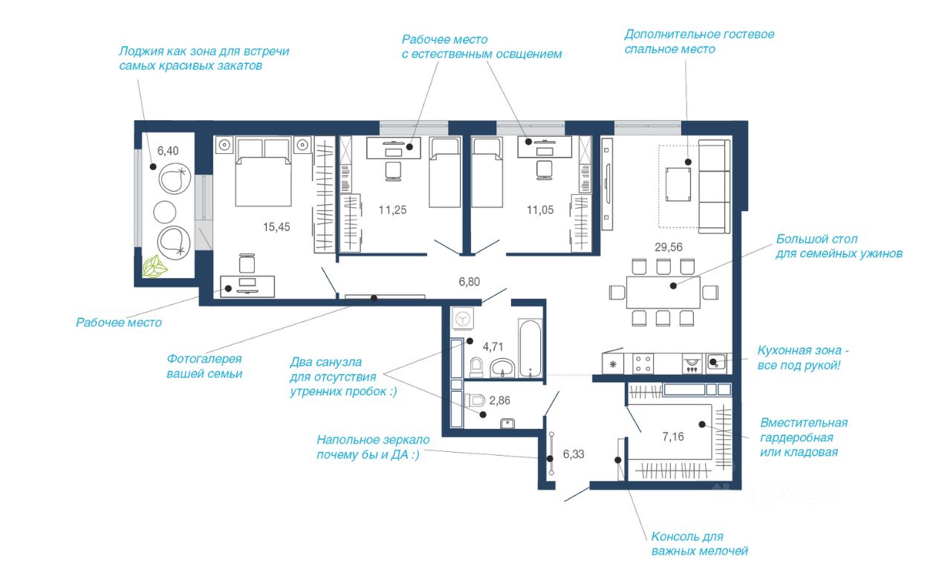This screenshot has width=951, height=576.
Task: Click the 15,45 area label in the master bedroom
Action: point(276,227)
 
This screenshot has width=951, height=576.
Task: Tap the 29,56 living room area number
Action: point(668,247)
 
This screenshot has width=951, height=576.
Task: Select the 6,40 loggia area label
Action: point(168,151)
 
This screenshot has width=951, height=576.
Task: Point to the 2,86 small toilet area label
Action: point(500,401)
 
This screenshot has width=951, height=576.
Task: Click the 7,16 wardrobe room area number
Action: point(673,436)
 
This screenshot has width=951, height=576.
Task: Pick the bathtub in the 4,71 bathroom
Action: point(530,349)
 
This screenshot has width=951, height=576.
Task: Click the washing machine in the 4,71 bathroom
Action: point(462,318)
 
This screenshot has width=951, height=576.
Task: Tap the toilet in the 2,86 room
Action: point(475,400)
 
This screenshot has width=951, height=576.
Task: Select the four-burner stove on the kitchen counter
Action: point(643,364)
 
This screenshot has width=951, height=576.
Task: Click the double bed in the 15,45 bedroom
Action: point(264,171)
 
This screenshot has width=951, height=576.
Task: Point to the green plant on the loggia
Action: point(155,267)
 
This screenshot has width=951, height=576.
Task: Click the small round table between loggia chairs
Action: point(164,212)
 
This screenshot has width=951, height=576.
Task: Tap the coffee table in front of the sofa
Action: point(678,184)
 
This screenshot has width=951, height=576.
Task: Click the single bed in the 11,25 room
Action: point(445,172)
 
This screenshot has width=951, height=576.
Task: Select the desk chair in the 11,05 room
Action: point(545,170)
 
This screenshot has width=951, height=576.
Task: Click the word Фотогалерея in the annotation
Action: point(204,359)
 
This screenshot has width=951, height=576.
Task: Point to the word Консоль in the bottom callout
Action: point(675,537)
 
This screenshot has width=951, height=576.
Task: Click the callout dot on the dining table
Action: point(673,286)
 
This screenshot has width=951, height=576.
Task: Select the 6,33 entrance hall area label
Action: point(574,454)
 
